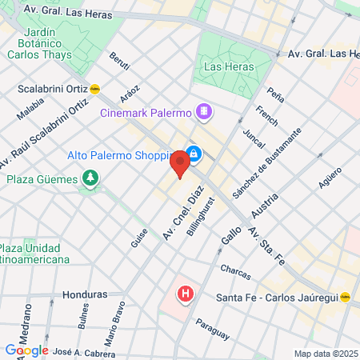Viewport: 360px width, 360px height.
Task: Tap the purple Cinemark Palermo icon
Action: [205, 110]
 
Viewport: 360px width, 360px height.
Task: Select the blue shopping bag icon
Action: [193, 154]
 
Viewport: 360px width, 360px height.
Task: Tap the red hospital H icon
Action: [186, 294]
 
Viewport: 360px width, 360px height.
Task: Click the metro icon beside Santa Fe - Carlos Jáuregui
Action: [346, 297]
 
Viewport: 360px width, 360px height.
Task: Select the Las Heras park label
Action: [228, 66]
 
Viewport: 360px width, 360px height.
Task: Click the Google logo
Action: [26, 350]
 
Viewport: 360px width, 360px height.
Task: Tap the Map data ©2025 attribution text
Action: [326, 354]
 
